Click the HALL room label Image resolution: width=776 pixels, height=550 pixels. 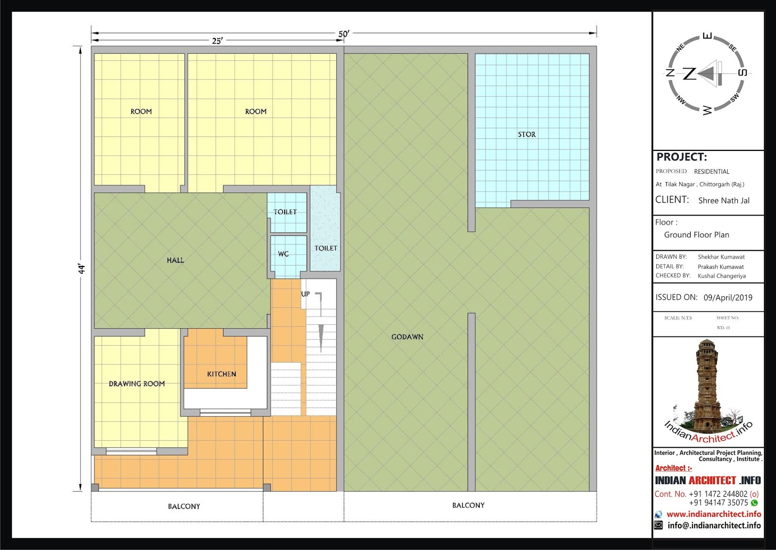click(175, 260)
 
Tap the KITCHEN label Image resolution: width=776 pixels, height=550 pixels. click(221, 374)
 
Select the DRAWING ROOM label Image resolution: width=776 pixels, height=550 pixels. click(137, 383)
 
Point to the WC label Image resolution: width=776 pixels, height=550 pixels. click(283, 254)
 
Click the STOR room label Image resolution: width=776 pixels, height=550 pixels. click(527, 134)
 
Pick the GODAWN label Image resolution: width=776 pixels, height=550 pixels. click(407, 337)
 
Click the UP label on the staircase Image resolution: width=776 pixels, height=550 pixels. click(305, 294)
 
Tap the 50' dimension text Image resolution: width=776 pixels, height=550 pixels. click(344, 33)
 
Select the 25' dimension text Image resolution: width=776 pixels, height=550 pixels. click(217, 41)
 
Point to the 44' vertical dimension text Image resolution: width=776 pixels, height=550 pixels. click(81, 269)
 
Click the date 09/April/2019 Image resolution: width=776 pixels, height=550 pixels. click(728, 298)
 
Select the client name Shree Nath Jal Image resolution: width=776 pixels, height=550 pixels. click(724, 200)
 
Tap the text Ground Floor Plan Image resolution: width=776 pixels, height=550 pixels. click(696, 235)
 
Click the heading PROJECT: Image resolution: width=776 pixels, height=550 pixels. click(681, 157)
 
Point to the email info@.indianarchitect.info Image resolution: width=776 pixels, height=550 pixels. click(714, 525)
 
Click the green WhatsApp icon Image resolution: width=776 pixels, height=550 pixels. click(754, 503)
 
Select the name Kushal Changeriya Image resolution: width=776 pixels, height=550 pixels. click(722, 276)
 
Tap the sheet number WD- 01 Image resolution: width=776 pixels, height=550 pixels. click(723, 328)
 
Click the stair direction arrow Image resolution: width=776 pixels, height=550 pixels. click(321, 338)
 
